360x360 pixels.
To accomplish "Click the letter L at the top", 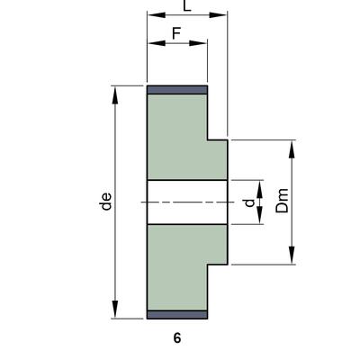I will pyautogui.click(x=186, y=6).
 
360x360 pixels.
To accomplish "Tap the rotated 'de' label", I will pyautogui.click(x=106, y=203).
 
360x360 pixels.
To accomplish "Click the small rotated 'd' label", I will pyautogui.click(x=249, y=203).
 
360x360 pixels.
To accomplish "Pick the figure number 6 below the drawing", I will pyautogui.click(x=176, y=338).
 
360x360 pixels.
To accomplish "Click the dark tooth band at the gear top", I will pyautogui.click(x=177, y=90).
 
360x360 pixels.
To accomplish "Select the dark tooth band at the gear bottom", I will pyautogui.click(x=177, y=315).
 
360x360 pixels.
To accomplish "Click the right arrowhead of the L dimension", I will pyautogui.click(x=222, y=15).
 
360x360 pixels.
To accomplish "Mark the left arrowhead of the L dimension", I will pyautogui.click(x=151, y=15).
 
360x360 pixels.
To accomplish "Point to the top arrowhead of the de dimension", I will pyautogui.click(x=116, y=91).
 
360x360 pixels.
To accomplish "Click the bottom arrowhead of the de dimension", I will pyautogui.click(x=116, y=314).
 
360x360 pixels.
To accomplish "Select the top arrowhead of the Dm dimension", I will pyautogui.click(x=293, y=145).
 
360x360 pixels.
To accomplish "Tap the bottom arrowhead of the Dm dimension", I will pyautogui.click(x=293, y=260).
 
